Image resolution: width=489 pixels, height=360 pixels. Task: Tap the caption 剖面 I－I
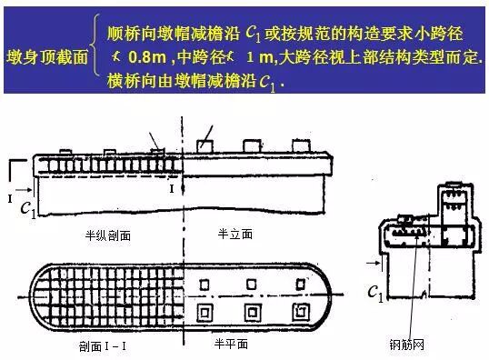pyautogui.click(x=94, y=346)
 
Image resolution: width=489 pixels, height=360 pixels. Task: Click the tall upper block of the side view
pyautogui.click(x=451, y=205)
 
